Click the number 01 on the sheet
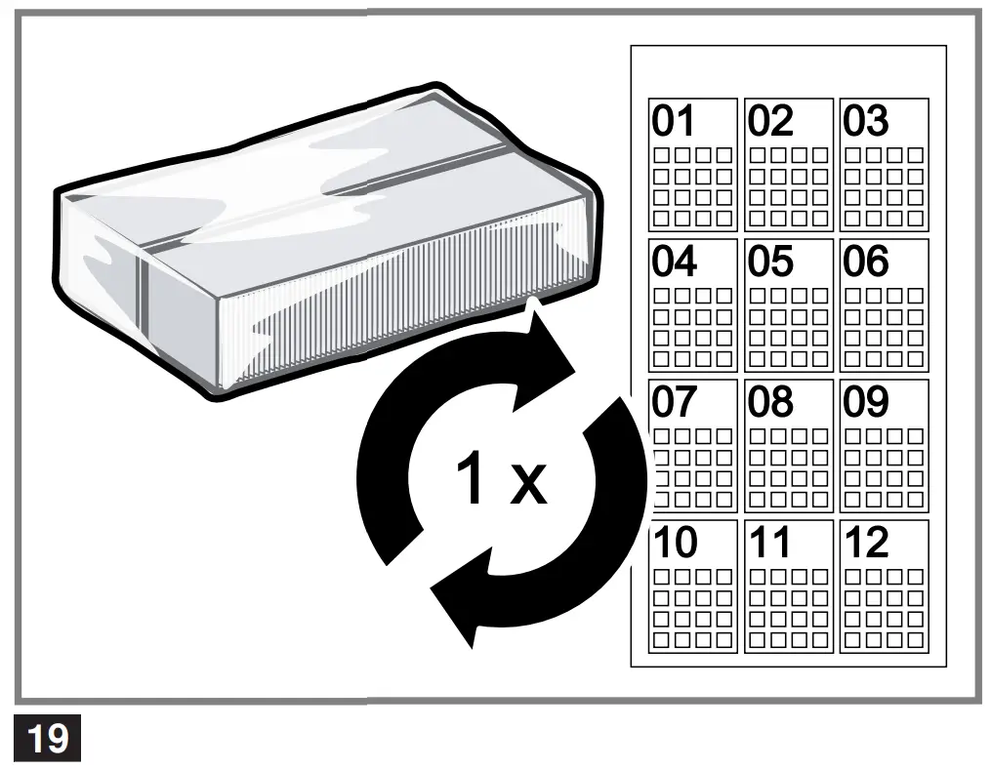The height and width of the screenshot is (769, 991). coord(674,121)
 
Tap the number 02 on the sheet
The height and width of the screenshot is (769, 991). coord(770,121)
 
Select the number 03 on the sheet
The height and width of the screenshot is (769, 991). coord(866,121)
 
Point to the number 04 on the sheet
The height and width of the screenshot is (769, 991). coord(674,262)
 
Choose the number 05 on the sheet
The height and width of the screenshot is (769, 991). coord(770,262)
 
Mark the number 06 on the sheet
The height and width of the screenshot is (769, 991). coord(866,262)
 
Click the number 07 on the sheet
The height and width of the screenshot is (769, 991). coord(674,402)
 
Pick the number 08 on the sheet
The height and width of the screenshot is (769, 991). coord(770,402)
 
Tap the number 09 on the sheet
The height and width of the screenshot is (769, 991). coord(866,402)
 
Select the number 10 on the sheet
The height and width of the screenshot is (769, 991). coord(674,543)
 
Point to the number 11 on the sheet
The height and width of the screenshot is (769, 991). coord(770,543)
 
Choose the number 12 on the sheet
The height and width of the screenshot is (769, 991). coord(866,543)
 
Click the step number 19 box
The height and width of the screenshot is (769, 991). coord(48,738)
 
